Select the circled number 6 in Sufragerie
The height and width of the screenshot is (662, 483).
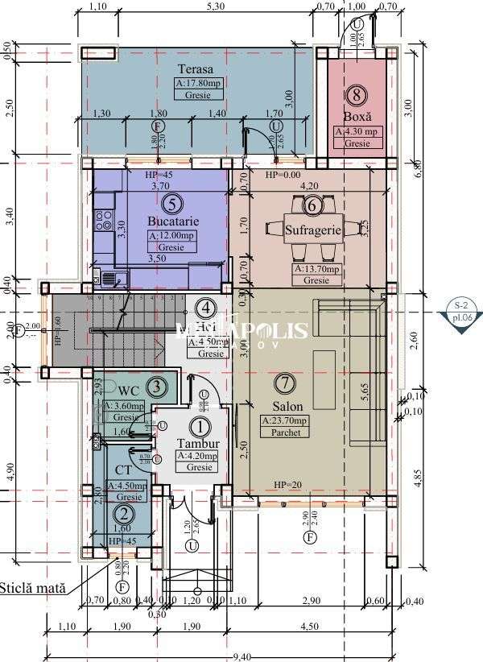313,205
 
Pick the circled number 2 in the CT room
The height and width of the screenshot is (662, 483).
123,513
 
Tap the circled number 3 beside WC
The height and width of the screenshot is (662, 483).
158,387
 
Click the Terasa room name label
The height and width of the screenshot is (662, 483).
196,69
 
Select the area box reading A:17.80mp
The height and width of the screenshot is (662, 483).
198,83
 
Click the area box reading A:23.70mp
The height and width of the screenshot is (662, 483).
284,420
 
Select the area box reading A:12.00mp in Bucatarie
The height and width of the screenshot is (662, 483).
171,235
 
